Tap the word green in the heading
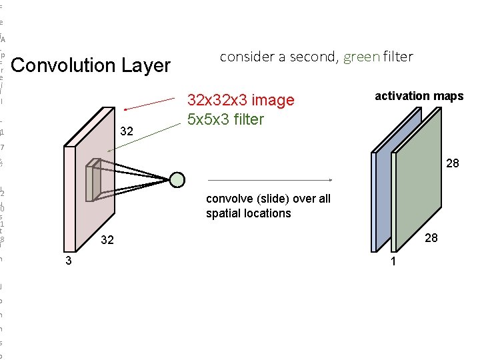(361, 57)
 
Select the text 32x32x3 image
(241, 101)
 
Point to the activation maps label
(419, 96)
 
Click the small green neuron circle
(177, 179)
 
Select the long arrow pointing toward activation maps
(271, 179)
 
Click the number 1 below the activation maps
(393, 261)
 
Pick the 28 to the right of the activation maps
(453, 163)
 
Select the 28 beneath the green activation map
(431, 238)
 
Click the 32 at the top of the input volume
(127, 133)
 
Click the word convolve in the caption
(229, 199)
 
